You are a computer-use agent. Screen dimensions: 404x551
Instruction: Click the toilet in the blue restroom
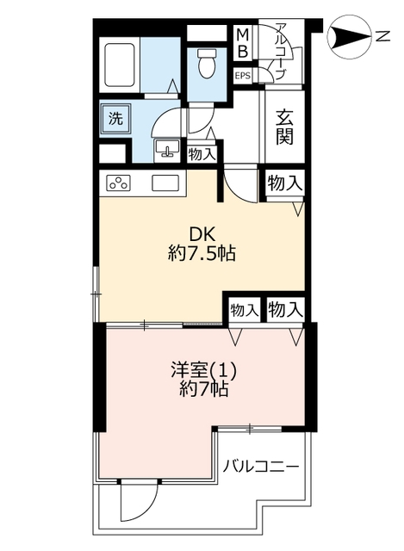(207, 63)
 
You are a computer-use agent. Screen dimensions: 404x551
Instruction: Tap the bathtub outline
(120, 65)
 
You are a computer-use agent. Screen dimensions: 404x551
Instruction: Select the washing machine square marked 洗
(115, 119)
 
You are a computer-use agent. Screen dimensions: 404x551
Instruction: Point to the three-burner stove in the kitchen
(118, 183)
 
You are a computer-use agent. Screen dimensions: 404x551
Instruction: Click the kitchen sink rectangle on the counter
(165, 183)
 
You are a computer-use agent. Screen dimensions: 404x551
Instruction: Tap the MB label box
(243, 42)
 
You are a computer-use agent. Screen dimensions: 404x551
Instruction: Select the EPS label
(243, 76)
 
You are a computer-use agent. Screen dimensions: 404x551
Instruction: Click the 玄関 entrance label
(284, 127)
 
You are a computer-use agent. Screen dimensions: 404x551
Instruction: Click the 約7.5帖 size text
(202, 253)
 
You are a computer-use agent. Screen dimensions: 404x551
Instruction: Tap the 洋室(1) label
(203, 370)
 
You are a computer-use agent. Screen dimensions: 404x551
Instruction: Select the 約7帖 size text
(204, 389)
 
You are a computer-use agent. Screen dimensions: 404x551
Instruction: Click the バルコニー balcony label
(261, 467)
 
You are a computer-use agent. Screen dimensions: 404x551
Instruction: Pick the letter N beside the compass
(383, 36)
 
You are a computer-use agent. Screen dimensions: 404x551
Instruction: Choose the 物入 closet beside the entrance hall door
(284, 183)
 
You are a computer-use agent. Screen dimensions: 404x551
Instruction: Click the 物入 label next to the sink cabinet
(202, 154)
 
